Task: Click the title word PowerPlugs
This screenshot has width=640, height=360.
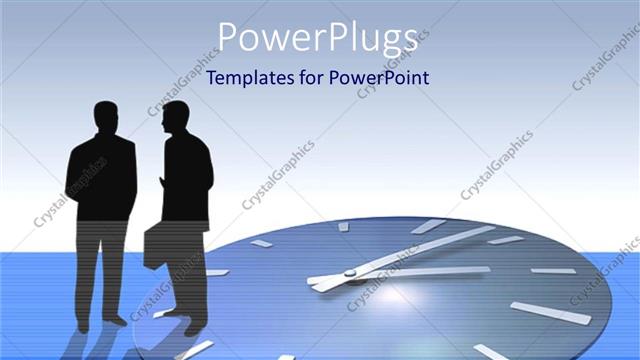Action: coord(318,37)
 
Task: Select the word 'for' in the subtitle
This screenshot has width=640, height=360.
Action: coord(312,78)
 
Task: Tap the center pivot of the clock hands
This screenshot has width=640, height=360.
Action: coord(350,272)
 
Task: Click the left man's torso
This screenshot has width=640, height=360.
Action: coord(101,180)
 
